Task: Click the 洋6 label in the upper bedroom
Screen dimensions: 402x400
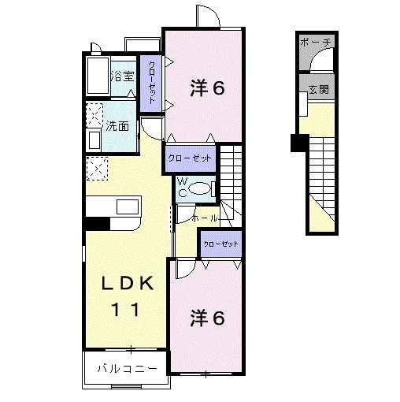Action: [x=207, y=88]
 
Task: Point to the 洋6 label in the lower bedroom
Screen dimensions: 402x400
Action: [x=207, y=318]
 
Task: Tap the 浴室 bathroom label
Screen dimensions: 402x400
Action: [x=123, y=76]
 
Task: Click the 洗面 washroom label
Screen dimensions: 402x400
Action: [x=118, y=125]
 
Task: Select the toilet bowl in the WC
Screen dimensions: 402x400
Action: [x=202, y=188]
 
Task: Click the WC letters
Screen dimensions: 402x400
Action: [x=180, y=188]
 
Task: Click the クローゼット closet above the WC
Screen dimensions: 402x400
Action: [x=190, y=158]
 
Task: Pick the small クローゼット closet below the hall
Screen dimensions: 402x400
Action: [x=220, y=244]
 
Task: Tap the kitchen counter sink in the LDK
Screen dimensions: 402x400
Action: [x=127, y=207]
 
